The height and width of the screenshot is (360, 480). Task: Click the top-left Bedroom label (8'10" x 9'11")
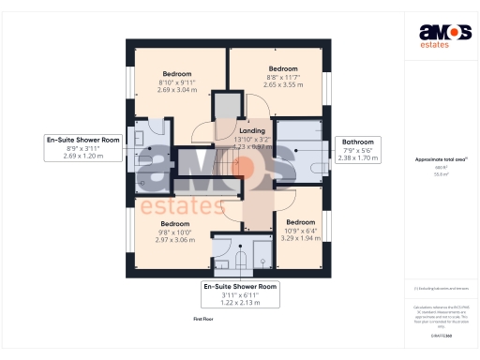point(176,73)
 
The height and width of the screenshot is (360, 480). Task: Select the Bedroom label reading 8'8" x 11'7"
point(283,68)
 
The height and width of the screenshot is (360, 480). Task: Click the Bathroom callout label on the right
point(357,142)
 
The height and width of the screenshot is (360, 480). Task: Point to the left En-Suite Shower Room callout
point(83,140)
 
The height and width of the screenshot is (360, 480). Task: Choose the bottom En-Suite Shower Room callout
point(241,286)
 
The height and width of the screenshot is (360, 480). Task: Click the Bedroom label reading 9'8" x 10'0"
point(175,224)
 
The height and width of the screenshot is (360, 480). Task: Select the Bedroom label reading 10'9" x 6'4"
point(299,222)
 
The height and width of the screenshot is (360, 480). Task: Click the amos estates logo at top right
point(438,35)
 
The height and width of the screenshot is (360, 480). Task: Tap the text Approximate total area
point(440,159)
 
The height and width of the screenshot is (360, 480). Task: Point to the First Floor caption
point(204,320)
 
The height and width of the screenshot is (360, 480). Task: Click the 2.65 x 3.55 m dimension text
point(283,84)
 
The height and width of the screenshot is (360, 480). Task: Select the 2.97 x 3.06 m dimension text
point(175,240)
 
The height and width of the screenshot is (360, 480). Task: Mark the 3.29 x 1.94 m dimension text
point(299,238)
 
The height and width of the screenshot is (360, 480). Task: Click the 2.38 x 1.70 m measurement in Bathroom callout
point(357,158)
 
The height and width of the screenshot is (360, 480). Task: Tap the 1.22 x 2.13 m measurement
point(241,303)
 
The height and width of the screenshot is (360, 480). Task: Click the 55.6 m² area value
point(440,174)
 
